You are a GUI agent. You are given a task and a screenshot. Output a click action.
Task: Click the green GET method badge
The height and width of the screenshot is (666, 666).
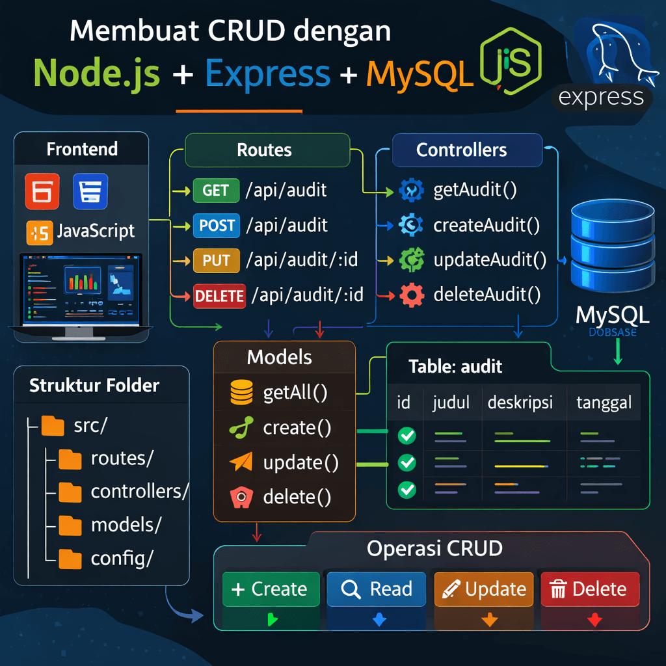(x=216, y=191)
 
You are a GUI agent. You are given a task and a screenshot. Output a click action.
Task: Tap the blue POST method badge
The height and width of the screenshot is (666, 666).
(x=217, y=226)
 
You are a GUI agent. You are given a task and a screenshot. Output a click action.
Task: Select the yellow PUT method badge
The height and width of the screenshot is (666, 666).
(x=217, y=261)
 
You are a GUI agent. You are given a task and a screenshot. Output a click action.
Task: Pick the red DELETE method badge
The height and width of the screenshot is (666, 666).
(x=219, y=297)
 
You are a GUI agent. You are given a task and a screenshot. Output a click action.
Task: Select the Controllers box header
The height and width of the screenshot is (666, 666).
(x=462, y=150)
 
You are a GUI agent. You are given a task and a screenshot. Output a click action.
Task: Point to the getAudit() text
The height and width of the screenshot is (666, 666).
(x=475, y=191)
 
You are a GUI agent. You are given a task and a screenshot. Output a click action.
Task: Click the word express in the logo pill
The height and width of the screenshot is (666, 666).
(x=601, y=98)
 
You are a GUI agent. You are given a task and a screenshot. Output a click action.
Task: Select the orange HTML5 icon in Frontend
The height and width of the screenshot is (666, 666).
(x=42, y=191)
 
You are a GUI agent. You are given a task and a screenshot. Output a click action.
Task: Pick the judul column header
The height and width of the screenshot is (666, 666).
(x=451, y=403)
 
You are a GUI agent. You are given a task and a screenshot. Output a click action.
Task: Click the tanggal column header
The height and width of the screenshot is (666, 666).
(x=604, y=403)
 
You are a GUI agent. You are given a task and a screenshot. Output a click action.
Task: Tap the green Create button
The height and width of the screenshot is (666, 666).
(x=271, y=589)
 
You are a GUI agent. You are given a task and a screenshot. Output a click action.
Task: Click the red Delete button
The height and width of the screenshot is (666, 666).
(x=590, y=589)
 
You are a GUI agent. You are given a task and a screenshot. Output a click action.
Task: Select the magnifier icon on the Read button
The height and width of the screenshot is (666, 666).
(x=351, y=589)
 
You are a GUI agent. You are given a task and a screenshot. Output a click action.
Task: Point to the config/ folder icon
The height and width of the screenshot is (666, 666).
(x=70, y=558)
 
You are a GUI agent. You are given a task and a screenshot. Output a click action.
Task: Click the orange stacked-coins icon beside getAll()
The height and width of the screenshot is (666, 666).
(x=241, y=392)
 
